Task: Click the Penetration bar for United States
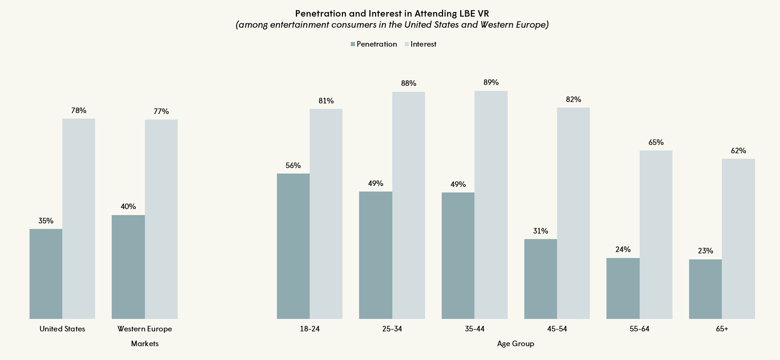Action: pos(46,274)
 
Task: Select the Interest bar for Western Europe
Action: pos(161,219)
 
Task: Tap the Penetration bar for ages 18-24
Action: pos(293,246)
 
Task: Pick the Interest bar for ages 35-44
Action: pos(491,205)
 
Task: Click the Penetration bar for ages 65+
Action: pos(705,289)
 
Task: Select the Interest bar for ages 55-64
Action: pos(656,234)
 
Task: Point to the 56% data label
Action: pos(293,166)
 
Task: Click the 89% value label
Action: pos(491,83)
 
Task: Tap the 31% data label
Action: pos(540,231)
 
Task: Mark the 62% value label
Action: pos(738,151)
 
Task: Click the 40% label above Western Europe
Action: pos(128,207)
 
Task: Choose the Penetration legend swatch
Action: pos(353,44)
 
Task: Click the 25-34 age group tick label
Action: pos(392,329)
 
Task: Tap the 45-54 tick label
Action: pos(557,329)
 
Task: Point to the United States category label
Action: pos(62,329)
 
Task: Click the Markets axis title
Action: pos(144,344)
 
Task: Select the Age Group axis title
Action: pos(516,344)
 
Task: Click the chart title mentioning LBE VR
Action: pos(392,13)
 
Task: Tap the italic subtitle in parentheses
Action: pos(392,25)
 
